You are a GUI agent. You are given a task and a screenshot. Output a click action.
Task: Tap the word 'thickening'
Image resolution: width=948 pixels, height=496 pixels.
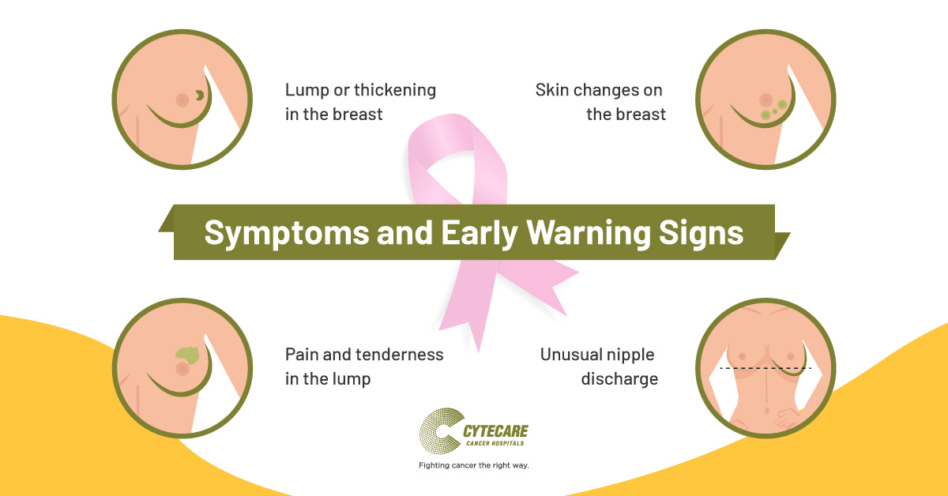395,90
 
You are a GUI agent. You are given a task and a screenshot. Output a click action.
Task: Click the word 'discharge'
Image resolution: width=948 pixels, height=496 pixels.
619,379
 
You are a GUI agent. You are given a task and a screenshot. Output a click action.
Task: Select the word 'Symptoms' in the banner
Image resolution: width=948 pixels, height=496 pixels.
287,234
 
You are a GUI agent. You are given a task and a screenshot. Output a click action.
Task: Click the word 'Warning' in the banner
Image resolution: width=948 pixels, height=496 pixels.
588,234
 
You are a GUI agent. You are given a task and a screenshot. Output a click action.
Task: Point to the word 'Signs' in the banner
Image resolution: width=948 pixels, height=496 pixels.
701,234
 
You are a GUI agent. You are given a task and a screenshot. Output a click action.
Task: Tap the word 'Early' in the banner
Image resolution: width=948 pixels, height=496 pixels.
479,234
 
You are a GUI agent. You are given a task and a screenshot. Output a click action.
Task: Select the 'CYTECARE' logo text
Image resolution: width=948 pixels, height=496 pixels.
495,431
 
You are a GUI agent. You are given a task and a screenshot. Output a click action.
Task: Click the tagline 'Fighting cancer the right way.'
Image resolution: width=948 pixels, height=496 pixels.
473,465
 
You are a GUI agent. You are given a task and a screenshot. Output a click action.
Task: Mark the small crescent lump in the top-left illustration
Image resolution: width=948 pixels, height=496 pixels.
200,96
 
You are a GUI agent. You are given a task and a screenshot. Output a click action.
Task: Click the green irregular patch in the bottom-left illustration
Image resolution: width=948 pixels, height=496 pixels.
188,355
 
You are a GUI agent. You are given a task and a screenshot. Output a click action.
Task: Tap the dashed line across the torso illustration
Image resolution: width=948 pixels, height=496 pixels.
766,368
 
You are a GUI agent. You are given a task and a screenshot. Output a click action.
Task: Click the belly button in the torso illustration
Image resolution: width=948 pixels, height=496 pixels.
767,411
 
